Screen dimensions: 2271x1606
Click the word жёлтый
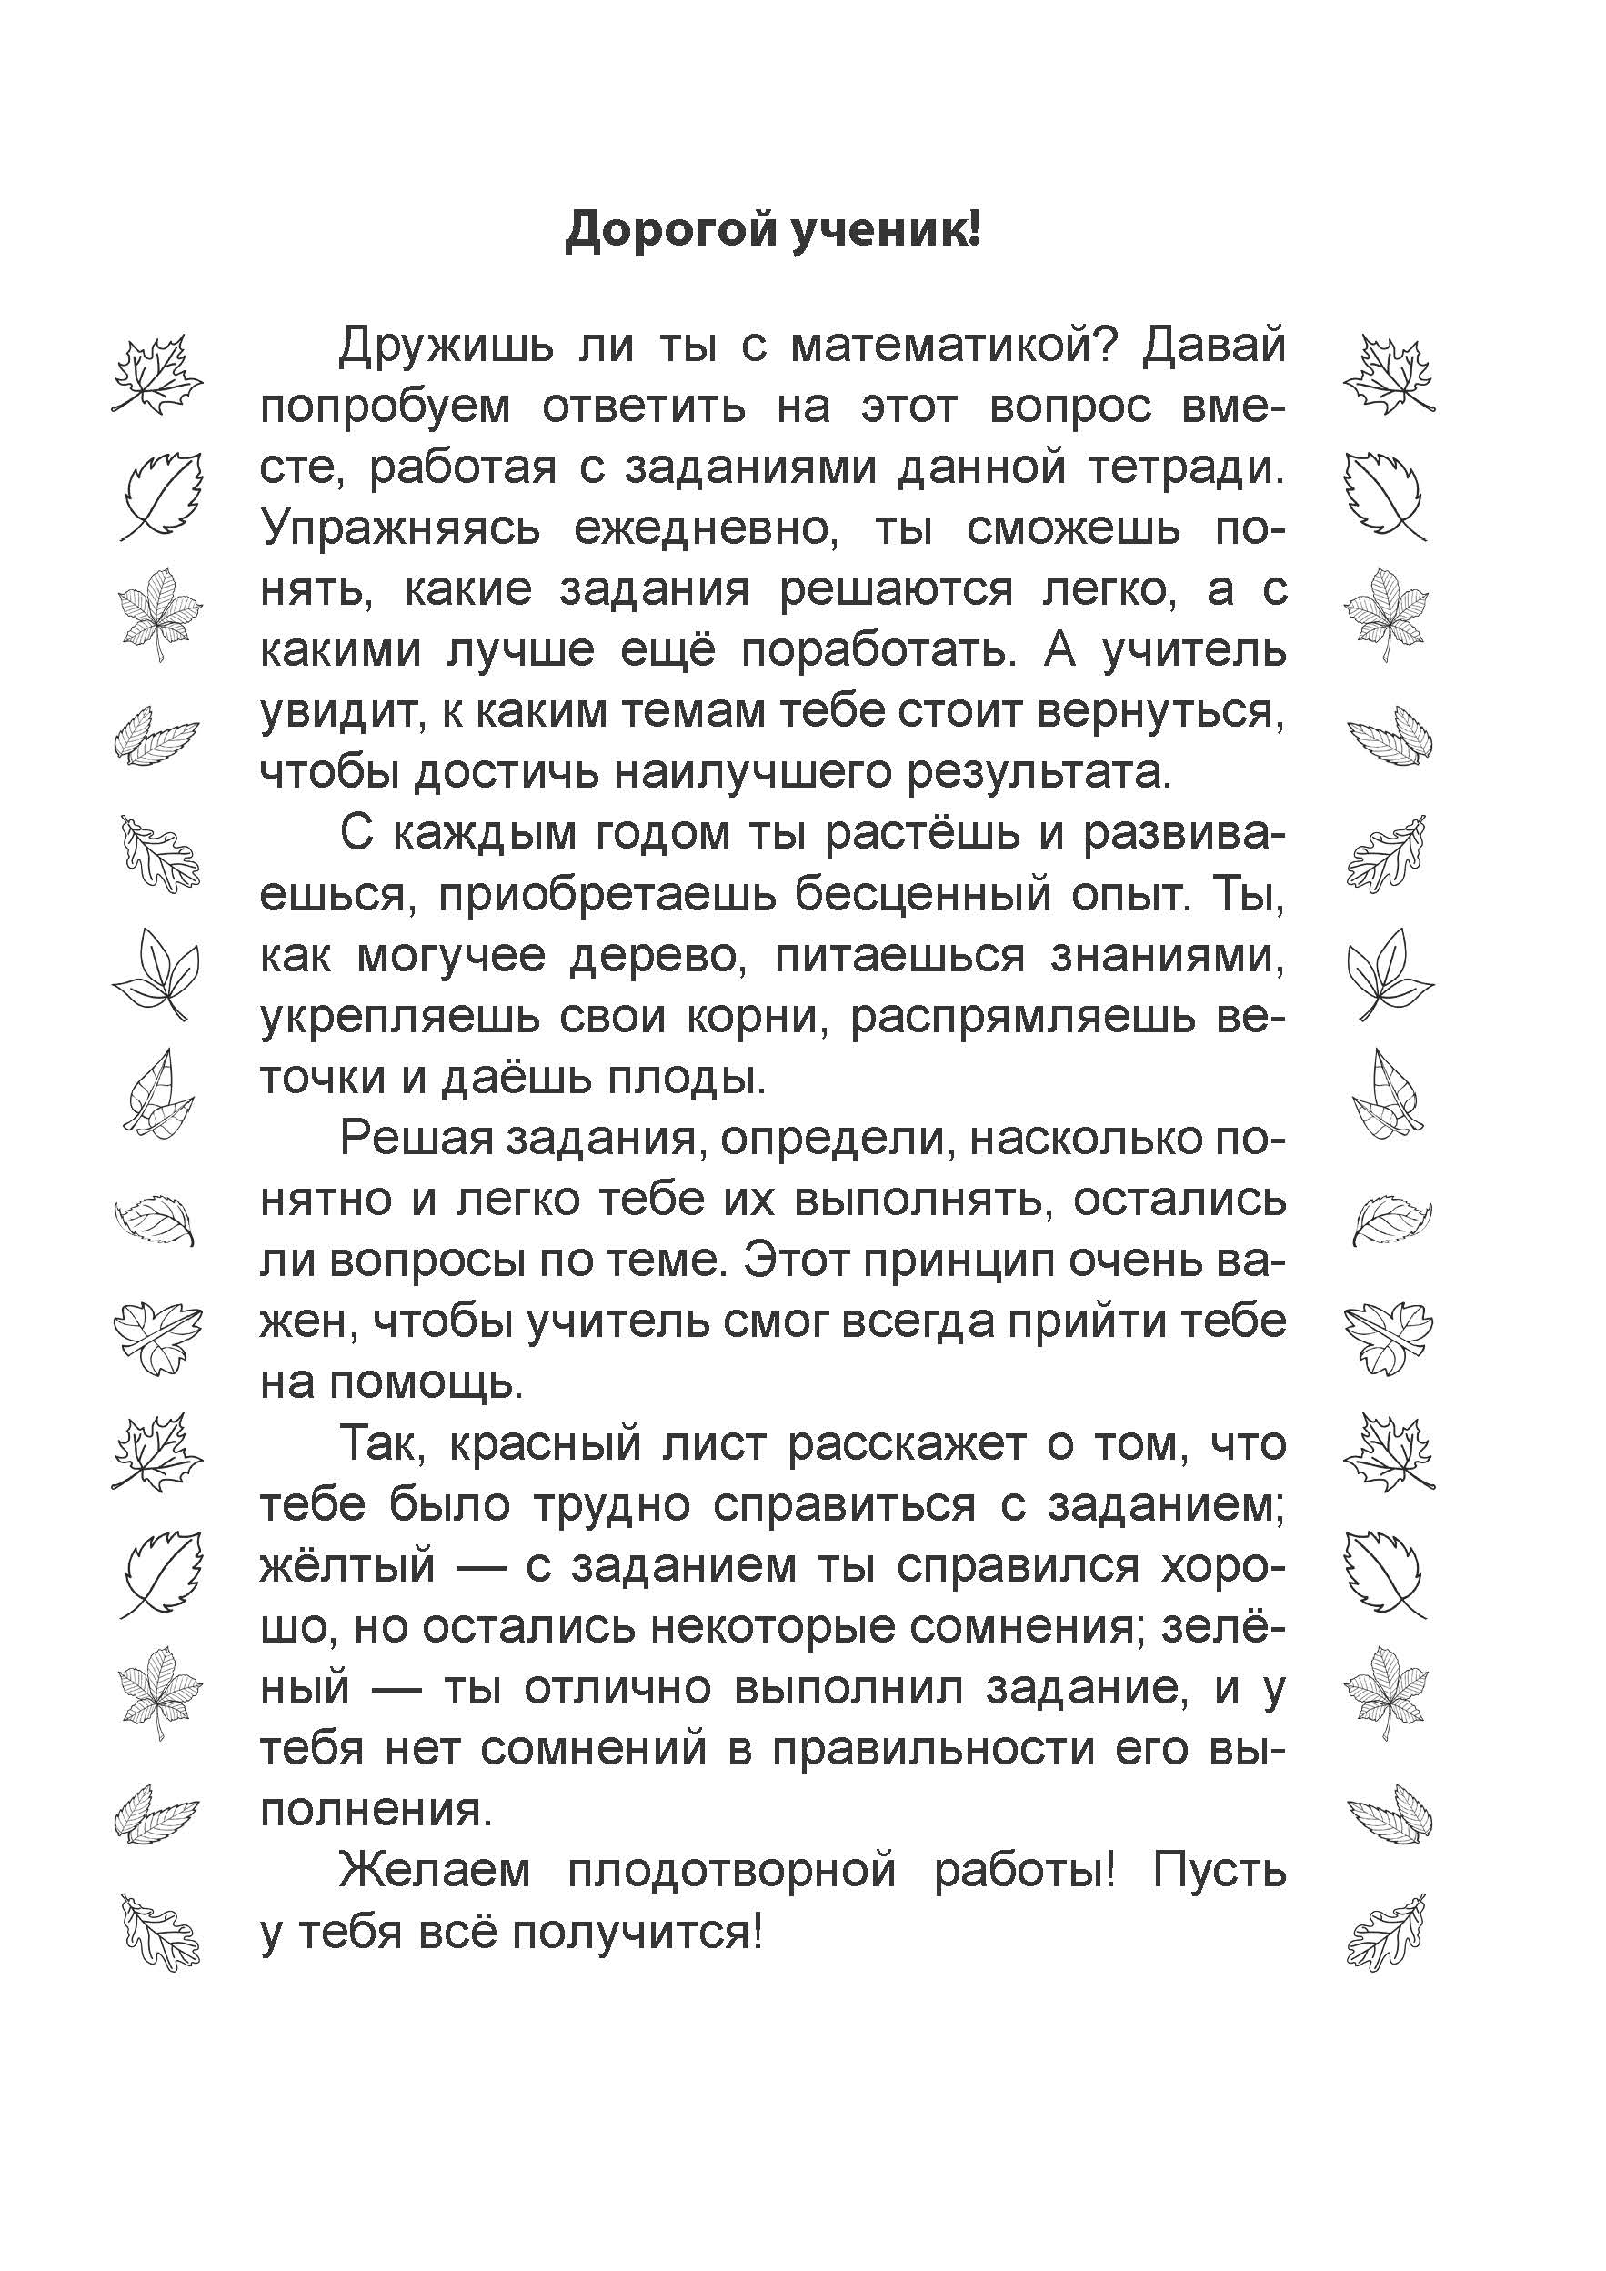tap(347, 1568)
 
